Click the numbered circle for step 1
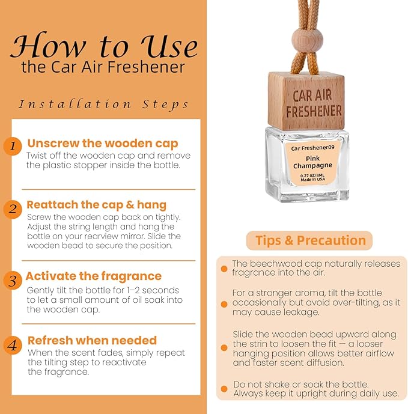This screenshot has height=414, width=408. [x=13, y=146]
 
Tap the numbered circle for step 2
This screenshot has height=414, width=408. [x=13, y=210]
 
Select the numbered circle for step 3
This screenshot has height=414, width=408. [x=13, y=281]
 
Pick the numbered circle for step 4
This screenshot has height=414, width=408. [x=13, y=345]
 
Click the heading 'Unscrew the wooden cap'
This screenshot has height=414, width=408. [x=103, y=144]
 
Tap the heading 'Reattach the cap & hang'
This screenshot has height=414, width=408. [x=96, y=205]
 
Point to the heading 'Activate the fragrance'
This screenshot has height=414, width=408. [x=94, y=276]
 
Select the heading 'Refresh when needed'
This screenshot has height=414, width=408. [x=92, y=340]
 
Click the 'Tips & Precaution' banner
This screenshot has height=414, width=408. [x=309, y=240]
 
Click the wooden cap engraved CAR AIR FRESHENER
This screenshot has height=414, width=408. [x=306, y=102]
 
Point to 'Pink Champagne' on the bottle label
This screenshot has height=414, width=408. [x=312, y=162]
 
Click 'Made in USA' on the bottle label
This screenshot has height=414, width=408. [x=313, y=180]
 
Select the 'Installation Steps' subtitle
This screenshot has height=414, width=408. [x=103, y=105]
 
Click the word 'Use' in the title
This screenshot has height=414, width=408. [x=169, y=46]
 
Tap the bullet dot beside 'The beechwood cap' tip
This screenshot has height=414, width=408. [x=224, y=269]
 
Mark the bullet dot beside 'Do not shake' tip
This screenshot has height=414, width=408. [x=224, y=389]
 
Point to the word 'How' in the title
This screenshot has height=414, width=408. [x=48, y=46]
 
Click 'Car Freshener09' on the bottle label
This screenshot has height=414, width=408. [x=312, y=148]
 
